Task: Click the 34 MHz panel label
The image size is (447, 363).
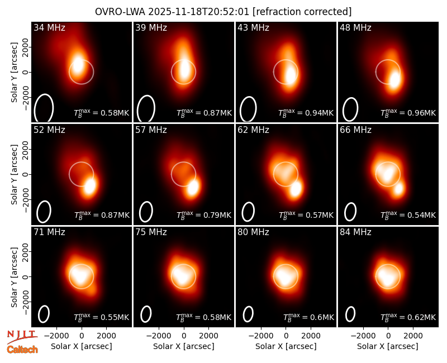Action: (x=49, y=27)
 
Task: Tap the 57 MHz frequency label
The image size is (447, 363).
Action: (x=151, y=130)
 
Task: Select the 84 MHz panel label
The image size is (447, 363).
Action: (x=355, y=232)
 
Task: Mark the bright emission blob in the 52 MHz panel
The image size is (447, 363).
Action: (x=90, y=186)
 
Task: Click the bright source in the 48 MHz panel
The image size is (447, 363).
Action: (x=395, y=80)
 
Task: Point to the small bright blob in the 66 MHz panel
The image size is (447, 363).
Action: (x=398, y=188)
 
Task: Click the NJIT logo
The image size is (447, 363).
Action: (x=22, y=336)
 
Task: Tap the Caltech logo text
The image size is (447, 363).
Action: (x=22, y=350)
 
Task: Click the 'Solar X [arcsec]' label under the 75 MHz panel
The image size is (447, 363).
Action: (x=184, y=346)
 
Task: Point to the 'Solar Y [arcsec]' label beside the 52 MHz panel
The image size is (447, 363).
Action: (x=14, y=174)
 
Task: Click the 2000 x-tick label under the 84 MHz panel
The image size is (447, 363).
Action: (x=413, y=336)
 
